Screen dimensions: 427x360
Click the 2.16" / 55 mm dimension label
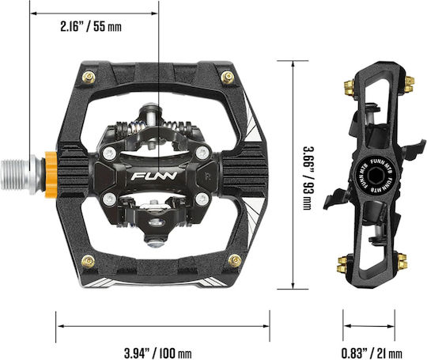pos(91,27)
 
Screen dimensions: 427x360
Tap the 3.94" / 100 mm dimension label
pos(158,354)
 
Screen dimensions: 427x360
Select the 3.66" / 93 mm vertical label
pos(308,179)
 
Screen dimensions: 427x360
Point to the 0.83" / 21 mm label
pos(372,354)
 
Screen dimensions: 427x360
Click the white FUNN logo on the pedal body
pos(154,176)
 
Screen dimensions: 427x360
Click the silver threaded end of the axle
pos(16,174)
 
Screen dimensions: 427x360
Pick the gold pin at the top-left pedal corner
pos(89,78)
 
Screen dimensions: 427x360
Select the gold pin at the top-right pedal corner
pos(228,78)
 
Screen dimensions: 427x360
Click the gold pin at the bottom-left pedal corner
pos(89,261)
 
